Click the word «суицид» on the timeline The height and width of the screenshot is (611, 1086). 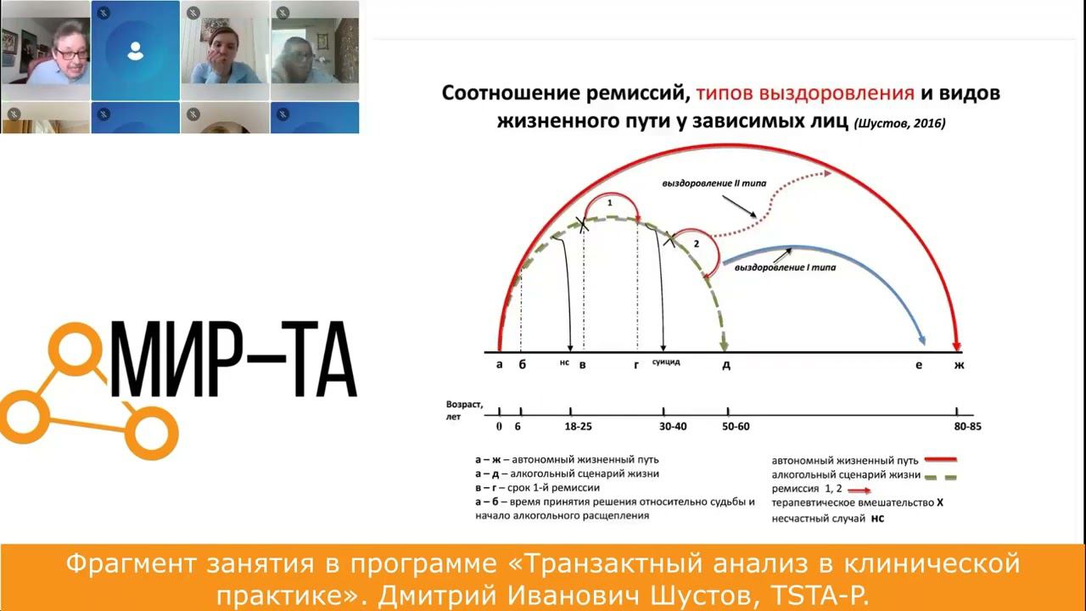[x=666, y=362]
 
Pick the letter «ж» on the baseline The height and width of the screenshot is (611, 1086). [x=960, y=365]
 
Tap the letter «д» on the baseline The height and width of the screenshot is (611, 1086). [x=726, y=365]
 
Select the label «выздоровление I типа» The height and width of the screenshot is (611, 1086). [x=785, y=268]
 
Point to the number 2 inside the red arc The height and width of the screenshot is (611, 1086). [x=696, y=244]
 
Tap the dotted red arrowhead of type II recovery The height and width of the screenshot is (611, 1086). [x=826, y=173]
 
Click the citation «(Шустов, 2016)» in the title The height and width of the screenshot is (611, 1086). [x=900, y=123]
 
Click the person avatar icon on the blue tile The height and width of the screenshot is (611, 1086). [x=135, y=52]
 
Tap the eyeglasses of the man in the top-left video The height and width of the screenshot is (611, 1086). [x=71, y=53]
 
